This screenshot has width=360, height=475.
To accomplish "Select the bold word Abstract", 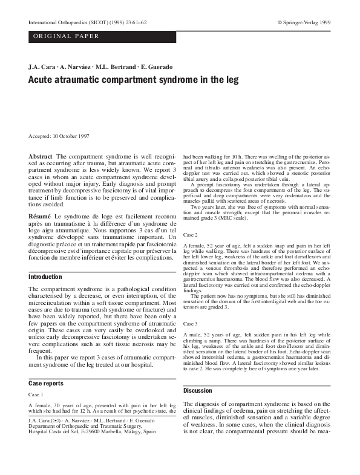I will pyautogui.click(x=41, y=156).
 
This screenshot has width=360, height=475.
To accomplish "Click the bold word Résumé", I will pyautogui.click(x=40, y=215).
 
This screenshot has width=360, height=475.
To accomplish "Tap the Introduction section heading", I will pyautogui.click(x=45, y=277).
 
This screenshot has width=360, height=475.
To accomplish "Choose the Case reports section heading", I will pyautogui.click(x=47, y=383).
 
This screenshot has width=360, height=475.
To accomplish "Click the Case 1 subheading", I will pyautogui.click(x=37, y=394).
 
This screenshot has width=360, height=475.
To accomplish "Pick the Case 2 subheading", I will pyautogui.click(x=191, y=234).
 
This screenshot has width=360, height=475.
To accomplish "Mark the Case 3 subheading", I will pyautogui.click(x=191, y=324).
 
